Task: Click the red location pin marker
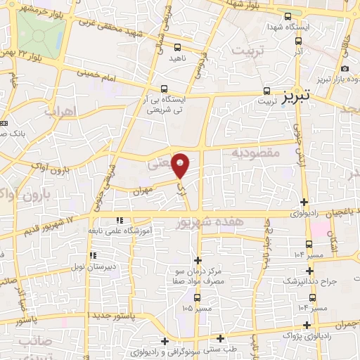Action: [x=181, y=165]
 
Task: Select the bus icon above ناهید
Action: [x=177, y=47]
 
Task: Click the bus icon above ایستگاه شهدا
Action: [x=287, y=16]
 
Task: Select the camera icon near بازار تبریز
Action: [x=345, y=68]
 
